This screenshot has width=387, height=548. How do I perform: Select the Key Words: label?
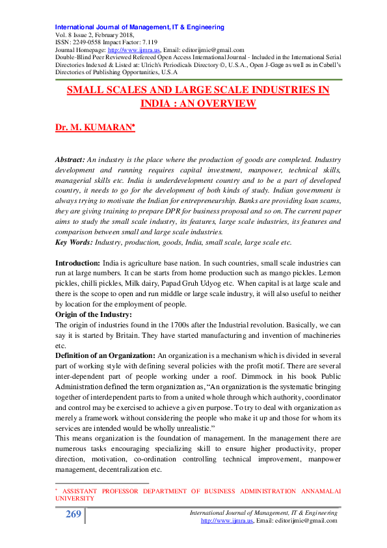pos(73,243)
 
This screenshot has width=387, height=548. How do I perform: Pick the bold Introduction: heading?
pos(77,262)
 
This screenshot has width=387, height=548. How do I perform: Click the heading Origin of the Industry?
pos(94,314)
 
